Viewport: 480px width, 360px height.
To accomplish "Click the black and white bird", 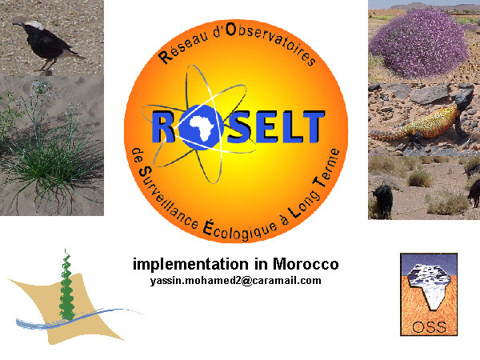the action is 46,43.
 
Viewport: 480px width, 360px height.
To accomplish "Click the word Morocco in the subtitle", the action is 306,264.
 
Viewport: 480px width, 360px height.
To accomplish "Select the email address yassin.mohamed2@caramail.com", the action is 236,281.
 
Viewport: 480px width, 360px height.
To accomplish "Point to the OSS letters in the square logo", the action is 429,327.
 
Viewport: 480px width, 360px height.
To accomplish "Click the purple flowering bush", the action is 420,43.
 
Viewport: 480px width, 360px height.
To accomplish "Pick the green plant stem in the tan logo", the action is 66,286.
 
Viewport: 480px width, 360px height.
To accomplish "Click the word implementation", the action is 190,264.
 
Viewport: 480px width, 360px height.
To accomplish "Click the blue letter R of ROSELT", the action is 164,126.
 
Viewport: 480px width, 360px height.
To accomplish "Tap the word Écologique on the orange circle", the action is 240,230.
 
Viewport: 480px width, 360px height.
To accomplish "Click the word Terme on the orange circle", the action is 326,168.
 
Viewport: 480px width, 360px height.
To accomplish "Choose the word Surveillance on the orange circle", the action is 168,198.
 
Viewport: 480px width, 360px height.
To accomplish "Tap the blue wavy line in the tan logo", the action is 77,318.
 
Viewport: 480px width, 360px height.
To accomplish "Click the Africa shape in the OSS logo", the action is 429,285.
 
